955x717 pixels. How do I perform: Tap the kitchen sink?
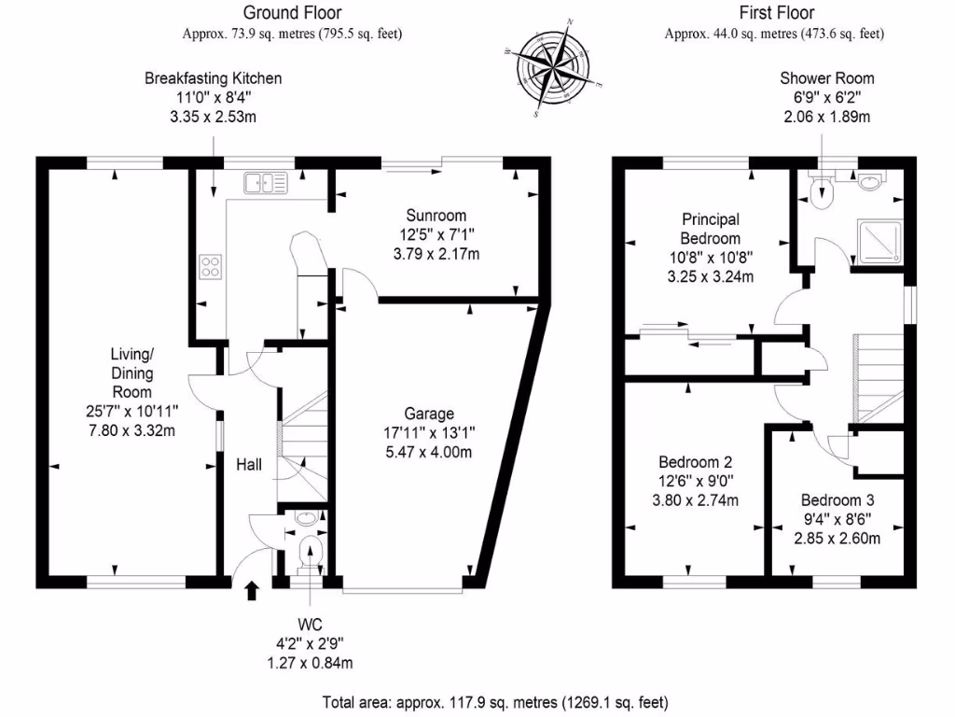[266, 183]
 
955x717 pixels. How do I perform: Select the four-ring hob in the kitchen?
[210, 267]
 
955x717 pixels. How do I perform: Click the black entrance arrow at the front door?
[252, 591]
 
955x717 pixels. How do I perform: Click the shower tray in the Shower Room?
[879, 242]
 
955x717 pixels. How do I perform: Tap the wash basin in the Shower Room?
[871, 181]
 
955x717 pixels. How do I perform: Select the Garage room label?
[429, 414]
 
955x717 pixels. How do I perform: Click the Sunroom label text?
[436, 216]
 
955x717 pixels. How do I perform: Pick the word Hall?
[249, 465]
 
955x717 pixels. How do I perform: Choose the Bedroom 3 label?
[837, 500]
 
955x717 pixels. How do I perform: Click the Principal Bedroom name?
[710, 229]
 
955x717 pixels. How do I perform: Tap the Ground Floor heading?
[292, 12]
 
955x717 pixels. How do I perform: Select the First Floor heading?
[777, 12]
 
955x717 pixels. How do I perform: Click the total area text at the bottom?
[495, 703]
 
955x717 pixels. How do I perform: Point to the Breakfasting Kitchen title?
[214, 78]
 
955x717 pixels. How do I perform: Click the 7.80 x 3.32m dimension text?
[132, 430]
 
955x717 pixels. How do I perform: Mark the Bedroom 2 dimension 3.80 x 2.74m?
[696, 500]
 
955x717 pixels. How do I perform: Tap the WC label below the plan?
[310, 625]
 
